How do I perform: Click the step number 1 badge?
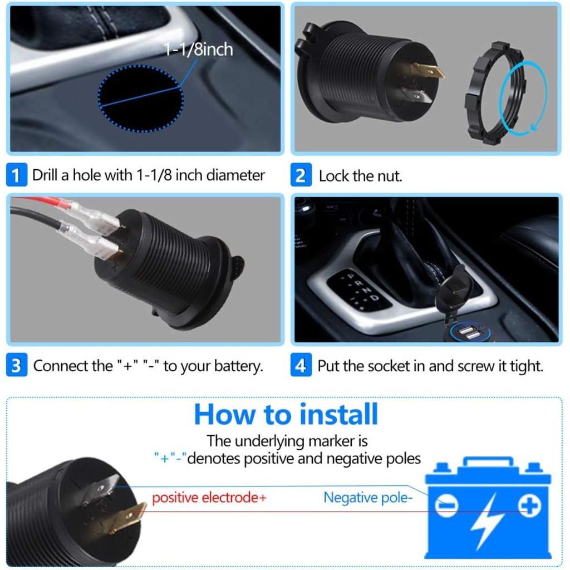point(16,176)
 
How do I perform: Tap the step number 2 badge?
point(301,176)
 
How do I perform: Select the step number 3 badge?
point(16,366)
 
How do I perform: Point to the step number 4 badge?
point(301,366)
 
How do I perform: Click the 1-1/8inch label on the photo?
point(199,50)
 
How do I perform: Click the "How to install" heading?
point(286,414)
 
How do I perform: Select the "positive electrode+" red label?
point(209,497)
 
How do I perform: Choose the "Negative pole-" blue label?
point(368,497)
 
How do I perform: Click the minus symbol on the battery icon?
point(446,506)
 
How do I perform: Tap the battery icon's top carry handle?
point(488,463)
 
